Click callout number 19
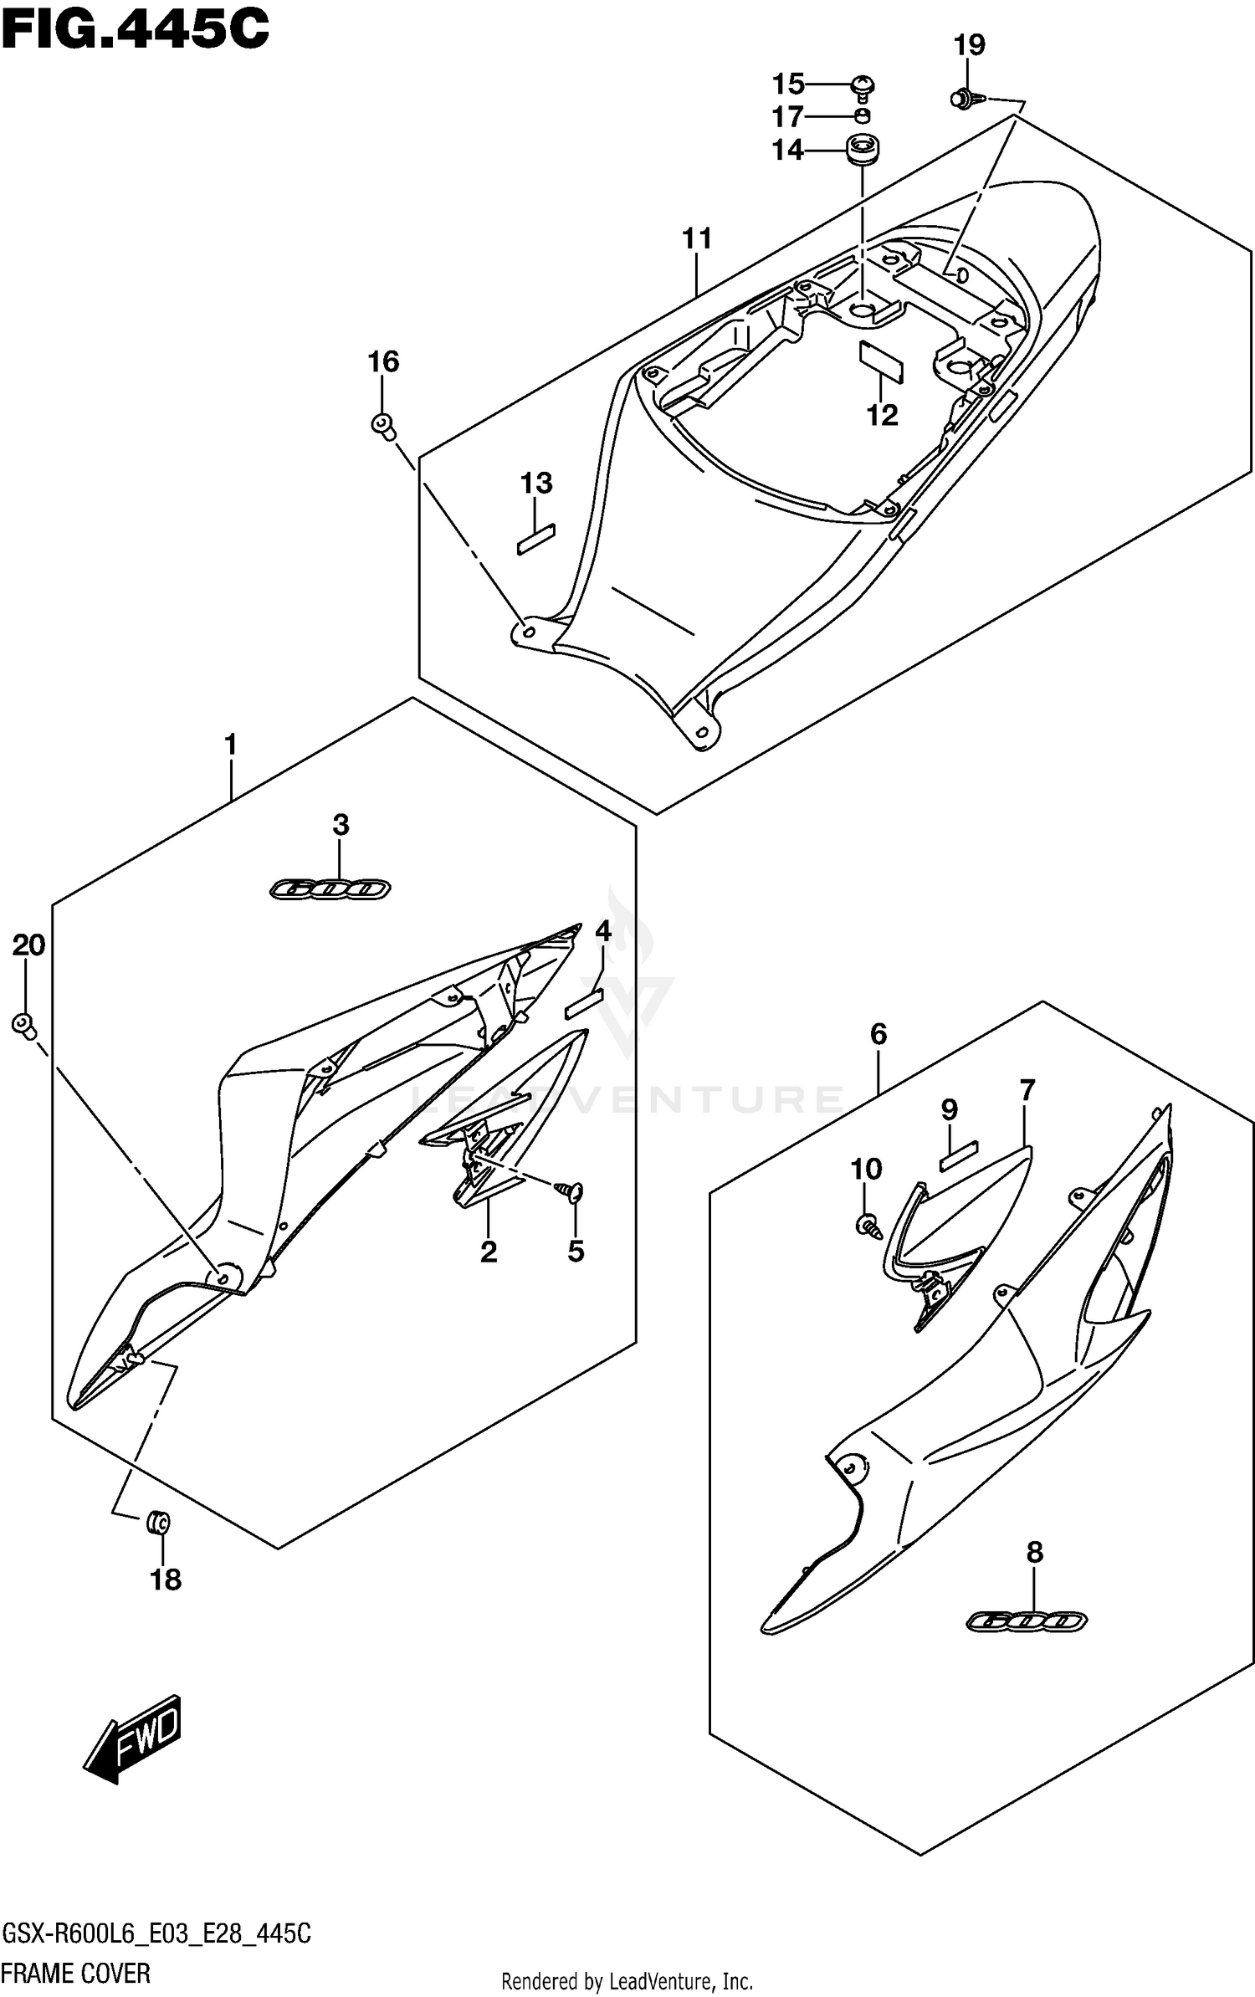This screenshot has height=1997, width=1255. [x=970, y=44]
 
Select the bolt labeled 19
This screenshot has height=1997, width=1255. [x=964, y=100]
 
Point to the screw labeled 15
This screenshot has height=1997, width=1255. [x=863, y=85]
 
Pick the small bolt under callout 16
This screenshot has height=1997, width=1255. [x=384, y=425]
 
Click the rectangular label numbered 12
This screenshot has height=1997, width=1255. [x=881, y=361]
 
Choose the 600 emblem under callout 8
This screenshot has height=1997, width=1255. [x=1027, y=1621]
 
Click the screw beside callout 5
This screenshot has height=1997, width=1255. [x=572, y=1193]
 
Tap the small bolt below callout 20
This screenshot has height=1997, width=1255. [x=24, y=1024]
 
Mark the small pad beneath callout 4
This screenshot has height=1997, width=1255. [x=584, y=1003]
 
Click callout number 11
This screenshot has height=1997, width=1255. [x=696, y=239]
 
